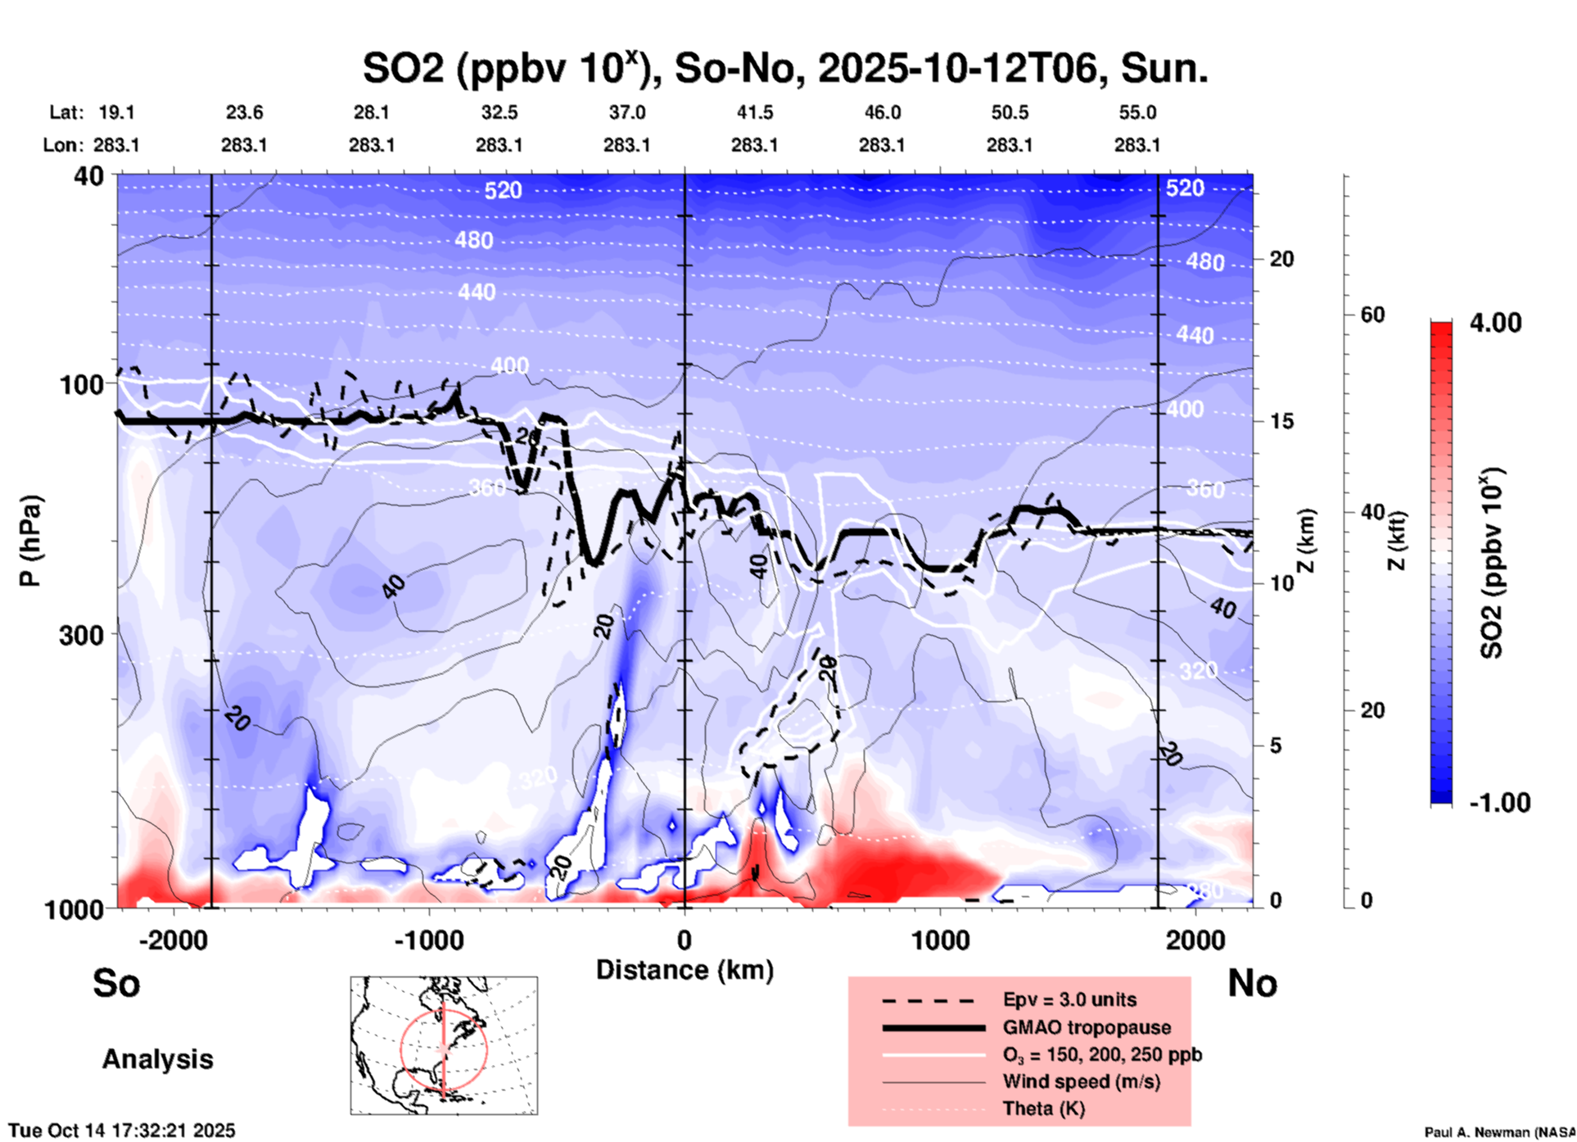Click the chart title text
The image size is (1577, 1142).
[x=784, y=68]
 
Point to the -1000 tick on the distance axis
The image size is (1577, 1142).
[x=429, y=940]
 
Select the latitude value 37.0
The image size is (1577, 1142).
[x=626, y=112]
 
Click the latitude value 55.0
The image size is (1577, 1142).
[x=1137, y=112]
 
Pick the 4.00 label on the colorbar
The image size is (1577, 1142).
[x=1495, y=322]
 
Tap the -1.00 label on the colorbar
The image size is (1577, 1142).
[x=1498, y=802]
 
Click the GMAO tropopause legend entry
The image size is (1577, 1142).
[x=1086, y=1027]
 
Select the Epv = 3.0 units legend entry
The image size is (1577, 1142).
[x=1069, y=999]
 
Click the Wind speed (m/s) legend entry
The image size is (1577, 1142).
[x=1081, y=1081]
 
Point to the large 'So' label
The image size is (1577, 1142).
[x=116, y=983]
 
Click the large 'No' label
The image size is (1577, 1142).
[x=1252, y=983]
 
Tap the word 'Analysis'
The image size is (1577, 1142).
[x=157, y=1059]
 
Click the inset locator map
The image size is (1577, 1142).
[x=444, y=1045]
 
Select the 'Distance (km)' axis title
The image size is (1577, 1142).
[x=685, y=970]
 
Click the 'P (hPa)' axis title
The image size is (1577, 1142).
[x=30, y=541]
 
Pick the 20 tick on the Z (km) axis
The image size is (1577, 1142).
[x=1281, y=260]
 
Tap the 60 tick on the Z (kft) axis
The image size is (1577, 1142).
[x=1372, y=315]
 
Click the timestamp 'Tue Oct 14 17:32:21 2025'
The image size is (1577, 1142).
[x=122, y=1131]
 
